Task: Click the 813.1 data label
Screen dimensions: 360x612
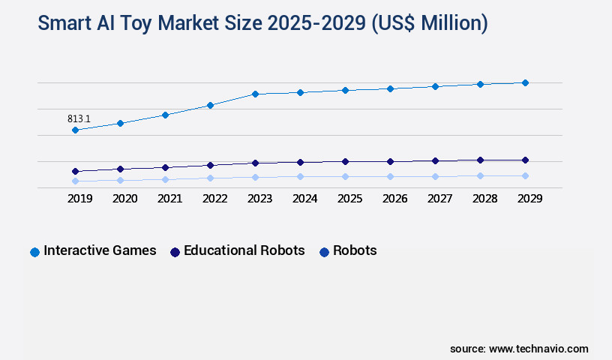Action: click(x=79, y=118)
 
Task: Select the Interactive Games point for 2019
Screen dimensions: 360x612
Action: click(x=75, y=130)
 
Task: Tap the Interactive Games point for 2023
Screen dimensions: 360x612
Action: click(x=255, y=94)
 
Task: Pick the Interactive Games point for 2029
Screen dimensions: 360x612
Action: click(x=525, y=82)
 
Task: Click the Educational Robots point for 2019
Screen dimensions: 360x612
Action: click(x=75, y=171)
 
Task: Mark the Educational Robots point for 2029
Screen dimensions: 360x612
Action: click(x=525, y=160)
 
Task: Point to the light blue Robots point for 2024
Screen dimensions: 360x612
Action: click(x=300, y=176)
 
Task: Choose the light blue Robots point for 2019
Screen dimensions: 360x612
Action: click(x=75, y=181)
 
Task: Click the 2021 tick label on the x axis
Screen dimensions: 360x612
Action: click(x=169, y=199)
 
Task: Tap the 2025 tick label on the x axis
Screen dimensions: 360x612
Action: click(x=349, y=199)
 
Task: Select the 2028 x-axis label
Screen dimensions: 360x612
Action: click(x=484, y=199)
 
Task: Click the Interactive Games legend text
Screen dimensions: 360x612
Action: click(x=100, y=250)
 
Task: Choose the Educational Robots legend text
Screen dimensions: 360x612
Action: click(x=244, y=250)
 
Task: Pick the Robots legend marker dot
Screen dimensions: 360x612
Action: click(x=324, y=252)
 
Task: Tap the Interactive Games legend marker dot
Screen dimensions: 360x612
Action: click(x=34, y=252)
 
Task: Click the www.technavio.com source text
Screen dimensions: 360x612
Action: click(x=538, y=349)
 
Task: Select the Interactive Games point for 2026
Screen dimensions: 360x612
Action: click(x=390, y=88)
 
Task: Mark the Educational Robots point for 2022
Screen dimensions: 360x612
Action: click(x=210, y=165)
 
